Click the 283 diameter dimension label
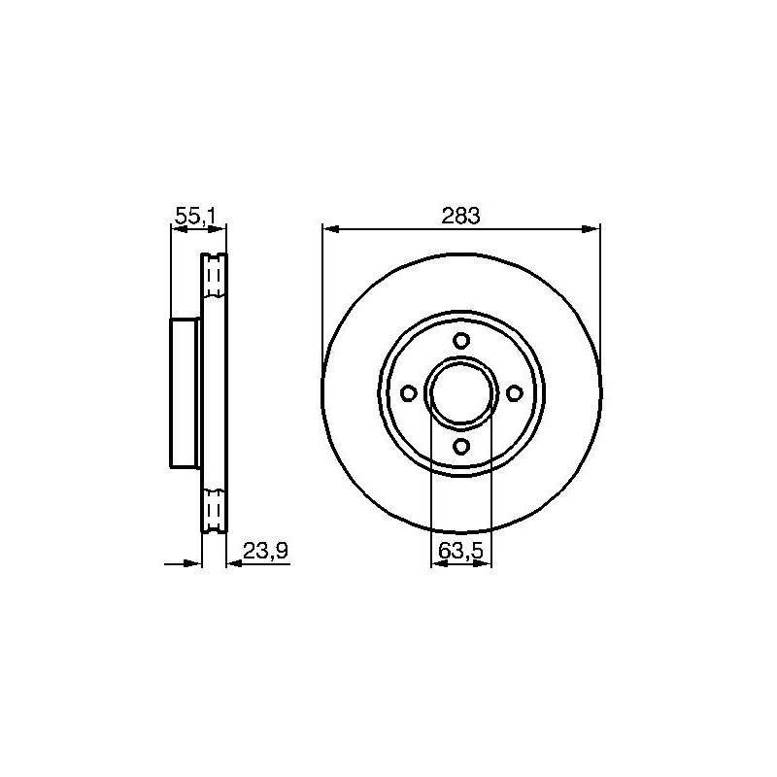[x=460, y=216]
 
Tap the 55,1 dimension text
[x=196, y=216]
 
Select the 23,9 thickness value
[x=265, y=551]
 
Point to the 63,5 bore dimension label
[x=460, y=551]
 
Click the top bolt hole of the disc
[x=461, y=341]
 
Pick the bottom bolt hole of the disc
[x=461, y=446]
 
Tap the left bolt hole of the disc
[x=408, y=393]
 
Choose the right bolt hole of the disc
[x=515, y=393]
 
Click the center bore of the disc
[x=461, y=393]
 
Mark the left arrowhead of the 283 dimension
[x=330, y=229]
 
